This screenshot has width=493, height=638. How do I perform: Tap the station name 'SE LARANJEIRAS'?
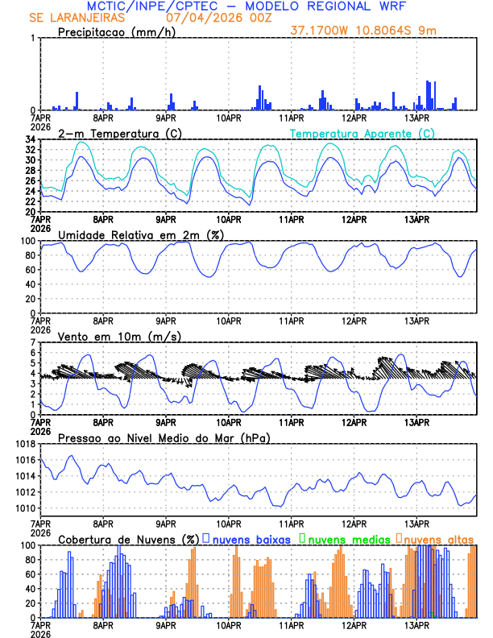coord(77,17)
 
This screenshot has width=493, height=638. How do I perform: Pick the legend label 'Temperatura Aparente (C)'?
coord(362,133)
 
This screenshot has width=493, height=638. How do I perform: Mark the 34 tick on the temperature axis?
coord(29,139)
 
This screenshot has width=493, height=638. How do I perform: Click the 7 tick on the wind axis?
coord(32,342)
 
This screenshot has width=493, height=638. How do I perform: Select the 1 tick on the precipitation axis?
coord(32,38)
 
